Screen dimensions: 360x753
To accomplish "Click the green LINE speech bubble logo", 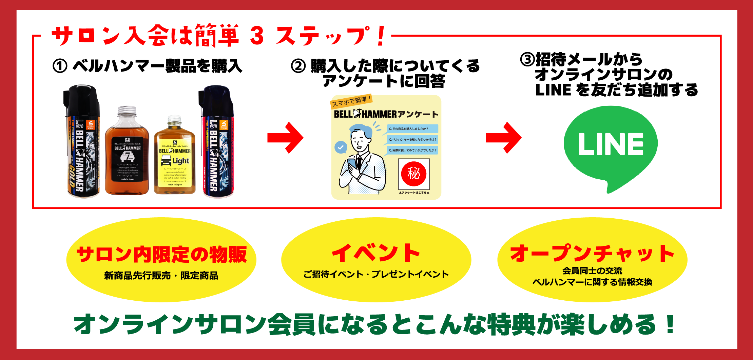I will click(x=611, y=146).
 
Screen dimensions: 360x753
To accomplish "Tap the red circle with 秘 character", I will click(x=413, y=174).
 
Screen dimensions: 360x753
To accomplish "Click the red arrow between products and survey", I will click(x=286, y=138).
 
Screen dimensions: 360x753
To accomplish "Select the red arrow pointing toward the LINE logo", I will click(x=504, y=138).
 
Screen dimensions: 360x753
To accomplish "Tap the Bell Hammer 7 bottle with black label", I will click(x=127, y=153).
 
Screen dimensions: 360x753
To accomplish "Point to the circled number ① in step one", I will click(x=60, y=66).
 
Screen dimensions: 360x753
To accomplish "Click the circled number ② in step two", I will click(x=298, y=66).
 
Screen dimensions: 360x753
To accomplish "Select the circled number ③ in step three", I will click(x=527, y=60).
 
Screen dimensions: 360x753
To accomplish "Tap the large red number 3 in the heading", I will click(x=257, y=36).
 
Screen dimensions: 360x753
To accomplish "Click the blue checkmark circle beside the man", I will click(x=341, y=147).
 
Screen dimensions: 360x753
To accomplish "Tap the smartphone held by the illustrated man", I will click(x=352, y=164).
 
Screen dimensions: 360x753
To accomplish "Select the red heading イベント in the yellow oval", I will click(x=376, y=253).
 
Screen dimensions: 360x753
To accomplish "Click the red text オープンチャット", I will click(x=592, y=254).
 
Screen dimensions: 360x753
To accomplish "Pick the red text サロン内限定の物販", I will click(x=161, y=255).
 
